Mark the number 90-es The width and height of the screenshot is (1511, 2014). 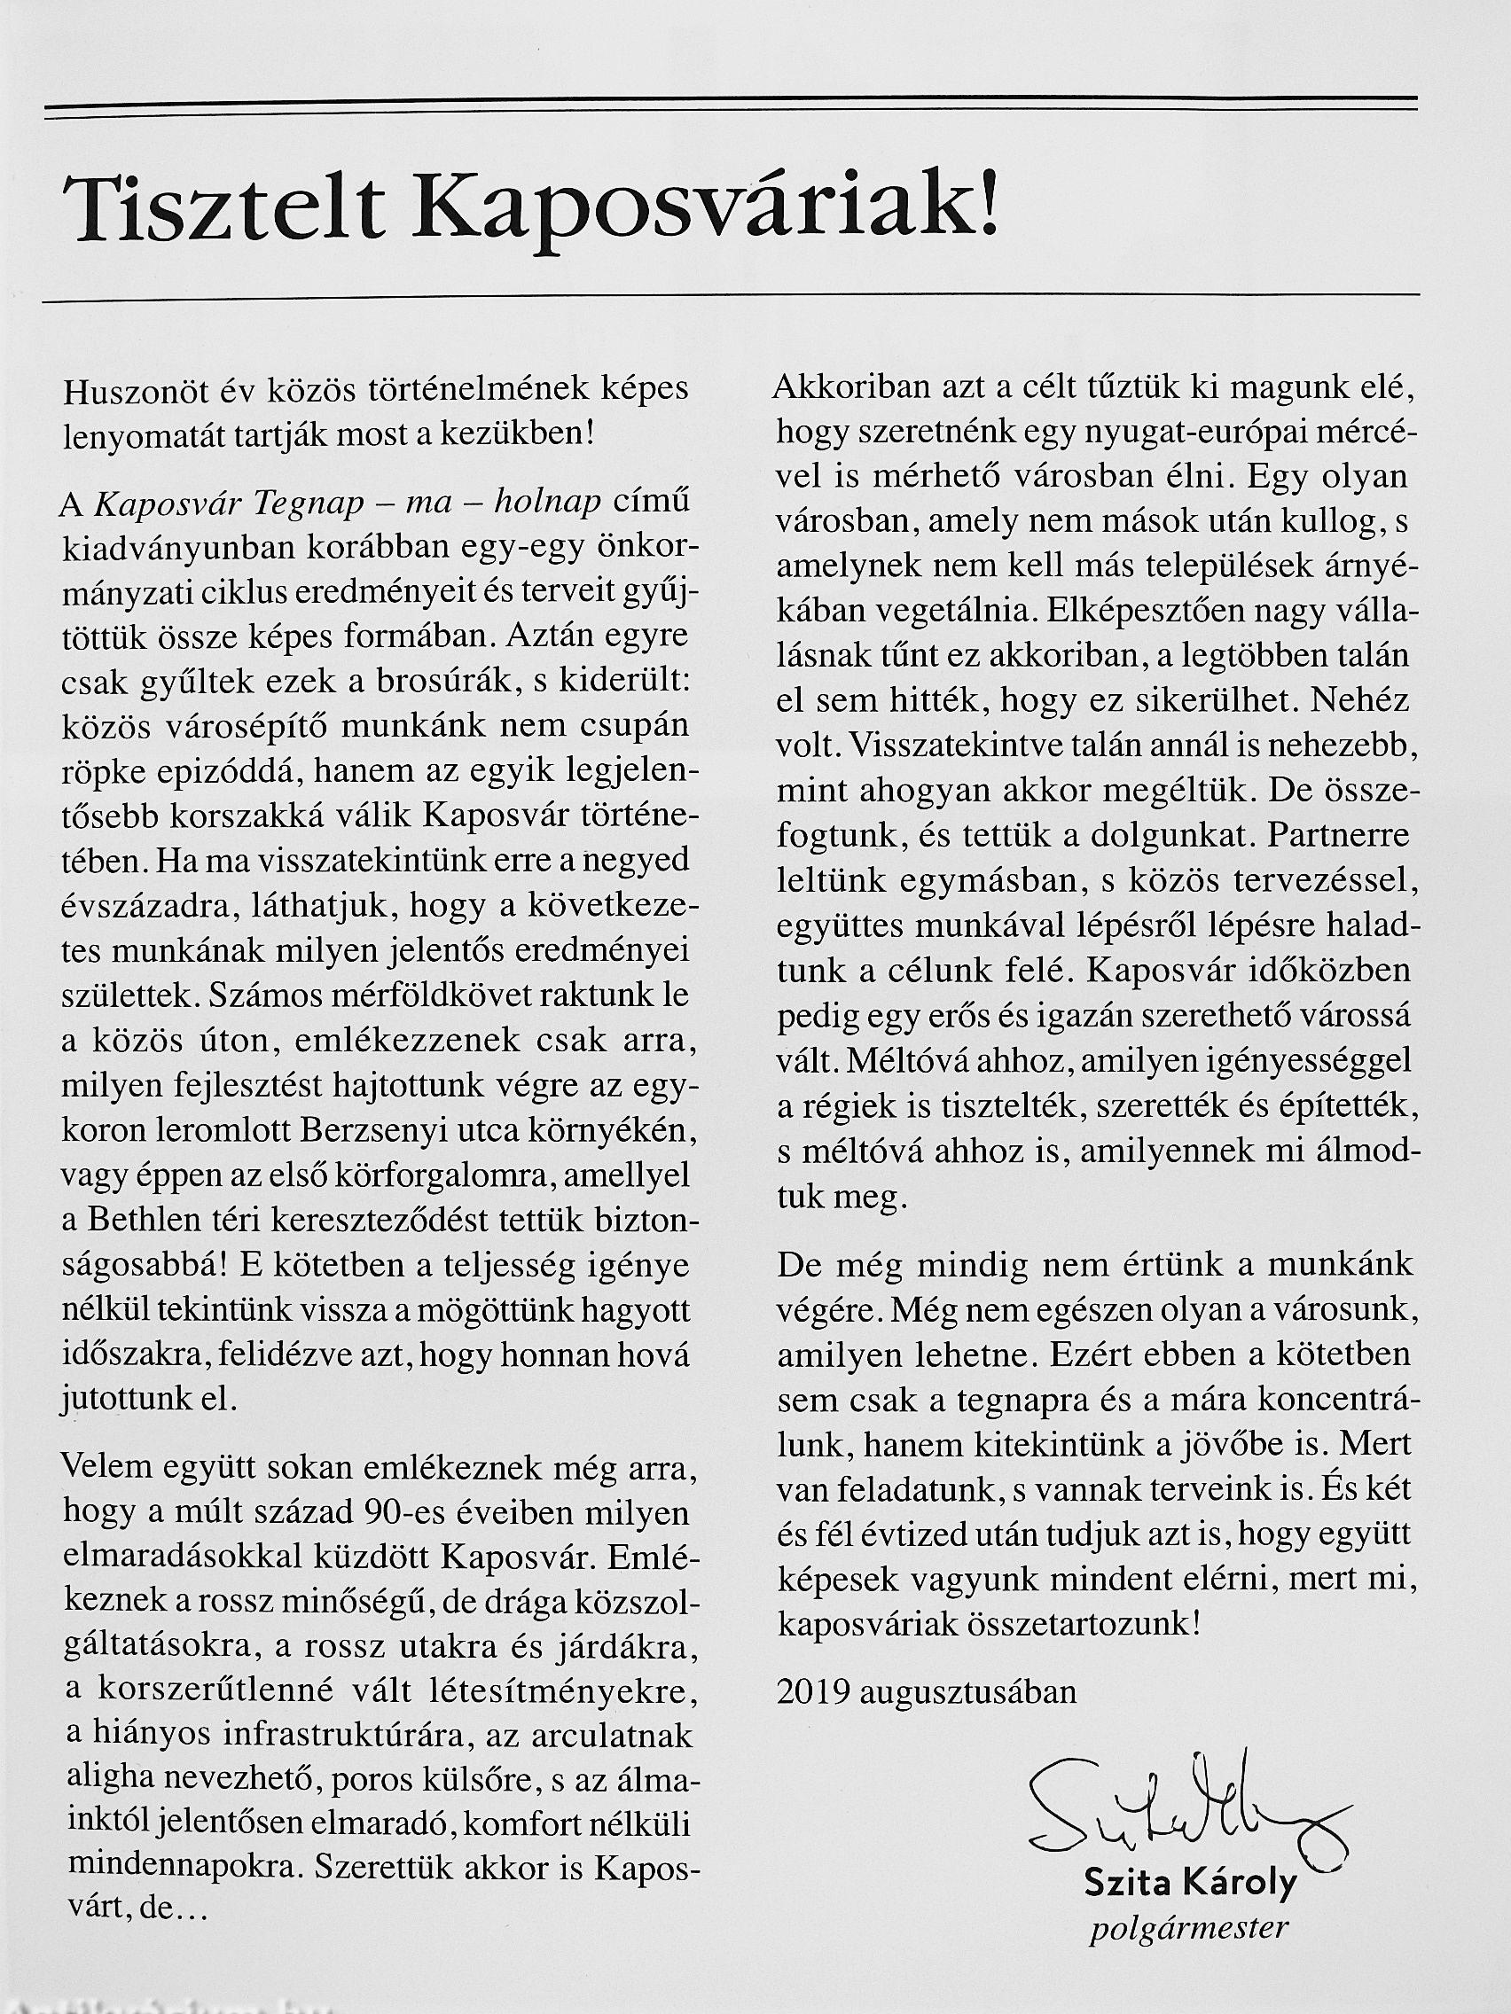pos(406,1512)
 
